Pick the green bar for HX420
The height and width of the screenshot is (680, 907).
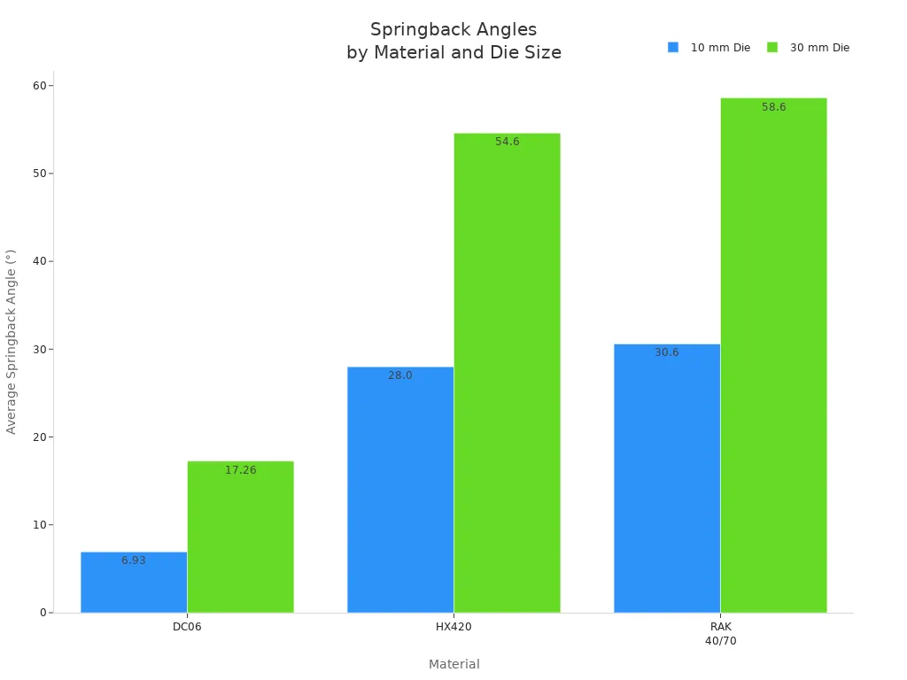(507, 373)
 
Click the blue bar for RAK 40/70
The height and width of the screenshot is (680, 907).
(667, 478)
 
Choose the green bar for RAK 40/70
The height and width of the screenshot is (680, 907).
(773, 355)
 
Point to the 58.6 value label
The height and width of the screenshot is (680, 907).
(773, 107)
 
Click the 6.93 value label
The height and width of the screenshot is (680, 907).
(134, 560)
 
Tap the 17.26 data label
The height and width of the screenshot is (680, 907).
(240, 470)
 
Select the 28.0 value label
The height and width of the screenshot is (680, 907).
(400, 375)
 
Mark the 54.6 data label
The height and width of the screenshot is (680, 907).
(507, 142)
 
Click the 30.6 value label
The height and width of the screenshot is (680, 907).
(667, 352)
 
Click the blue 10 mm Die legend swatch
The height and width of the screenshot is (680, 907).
(673, 48)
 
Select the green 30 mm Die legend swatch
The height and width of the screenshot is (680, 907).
(772, 48)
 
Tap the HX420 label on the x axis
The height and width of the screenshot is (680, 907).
(453, 627)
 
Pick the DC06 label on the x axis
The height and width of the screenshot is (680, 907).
(187, 627)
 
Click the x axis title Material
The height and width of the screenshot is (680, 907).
(453, 664)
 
